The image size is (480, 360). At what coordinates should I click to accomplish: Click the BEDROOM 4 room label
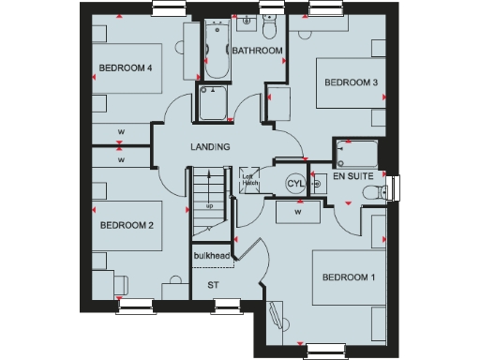pyautogui.click(x=126, y=67)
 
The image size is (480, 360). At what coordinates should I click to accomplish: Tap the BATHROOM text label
pyautogui.click(x=258, y=51)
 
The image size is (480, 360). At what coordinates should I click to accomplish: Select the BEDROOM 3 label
pyautogui.click(x=351, y=82)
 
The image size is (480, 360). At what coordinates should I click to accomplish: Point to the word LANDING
pyautogui.click(x=210, y=147)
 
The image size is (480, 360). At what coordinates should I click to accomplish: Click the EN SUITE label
pyautogui.click(x=354, y=176)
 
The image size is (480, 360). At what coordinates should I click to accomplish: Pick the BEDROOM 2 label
pyautogui.click(x=126, y=225)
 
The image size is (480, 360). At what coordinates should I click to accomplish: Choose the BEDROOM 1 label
pyautogui.click(x=348, y=277)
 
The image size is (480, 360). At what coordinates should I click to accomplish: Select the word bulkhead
pyautogui.click(x=211, y=256)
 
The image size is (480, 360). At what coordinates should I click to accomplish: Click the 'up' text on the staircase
pyautogui.click(x=209, y=205)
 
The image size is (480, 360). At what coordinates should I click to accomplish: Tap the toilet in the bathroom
pyautogui.click(x=270, y=23)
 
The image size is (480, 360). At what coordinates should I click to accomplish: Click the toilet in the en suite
pyautogui.click(x=378, y=190)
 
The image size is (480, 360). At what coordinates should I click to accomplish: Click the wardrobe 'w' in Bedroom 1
pyautogui.click(x=297, y=213)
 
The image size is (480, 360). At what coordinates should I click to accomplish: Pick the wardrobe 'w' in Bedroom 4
pyautogui.click(x=121, y=130)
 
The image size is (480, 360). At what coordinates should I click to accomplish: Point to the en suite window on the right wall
pyautogui.click(x=395, y=187)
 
